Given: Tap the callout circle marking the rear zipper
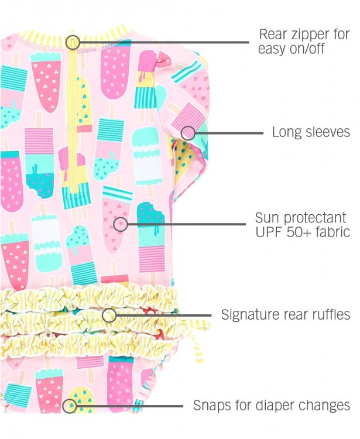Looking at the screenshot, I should coord(73,42).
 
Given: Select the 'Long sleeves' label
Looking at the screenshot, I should coord(311,132).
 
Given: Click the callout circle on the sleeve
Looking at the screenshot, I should coord(188,133).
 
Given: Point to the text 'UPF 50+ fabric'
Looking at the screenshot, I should coord(303,232).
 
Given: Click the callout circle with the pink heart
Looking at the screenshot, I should coord(120,223).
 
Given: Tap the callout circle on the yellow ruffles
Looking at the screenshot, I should coord(109,315).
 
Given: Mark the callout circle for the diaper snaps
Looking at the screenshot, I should coord(70,405).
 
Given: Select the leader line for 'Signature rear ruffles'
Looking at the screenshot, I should coord(164,315).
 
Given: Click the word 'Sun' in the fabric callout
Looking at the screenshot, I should coord(267,218).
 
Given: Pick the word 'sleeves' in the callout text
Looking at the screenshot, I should coord(330,132).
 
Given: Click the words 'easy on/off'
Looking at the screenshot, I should coord(291,49).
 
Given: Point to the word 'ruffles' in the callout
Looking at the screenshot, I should coord(330,315).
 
